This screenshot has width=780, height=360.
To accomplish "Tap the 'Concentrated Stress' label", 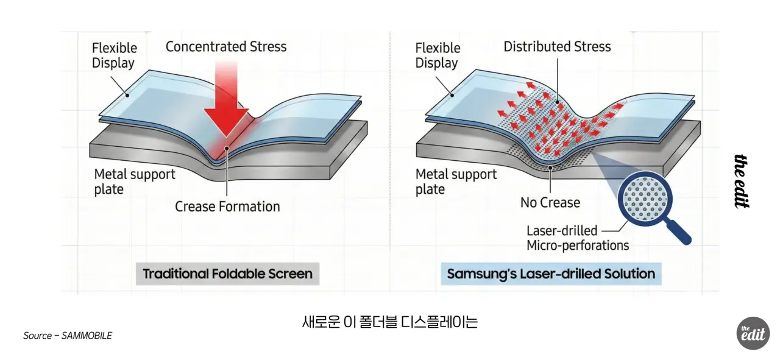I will (225, 47).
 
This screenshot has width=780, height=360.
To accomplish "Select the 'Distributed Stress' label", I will (556, 47).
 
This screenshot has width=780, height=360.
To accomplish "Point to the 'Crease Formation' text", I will (227, 206).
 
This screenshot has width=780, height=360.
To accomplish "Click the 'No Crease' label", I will (550, 202).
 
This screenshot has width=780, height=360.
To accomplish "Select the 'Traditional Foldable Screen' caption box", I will (227, 274).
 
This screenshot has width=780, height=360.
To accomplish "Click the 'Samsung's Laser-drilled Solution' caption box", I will (551, 274).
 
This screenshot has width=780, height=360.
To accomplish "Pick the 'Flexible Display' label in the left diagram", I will (114, 55).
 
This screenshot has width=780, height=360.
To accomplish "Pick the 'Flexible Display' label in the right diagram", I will (438, 55).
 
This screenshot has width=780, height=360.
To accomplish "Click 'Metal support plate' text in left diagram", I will (134, 182).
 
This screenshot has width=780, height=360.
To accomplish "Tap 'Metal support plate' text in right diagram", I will (456, 182).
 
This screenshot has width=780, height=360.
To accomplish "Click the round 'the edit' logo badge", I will (753, 334).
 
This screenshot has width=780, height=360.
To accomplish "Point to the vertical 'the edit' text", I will (741, 182).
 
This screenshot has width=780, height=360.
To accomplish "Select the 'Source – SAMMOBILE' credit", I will (68, 336).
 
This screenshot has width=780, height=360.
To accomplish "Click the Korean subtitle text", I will (390, 322).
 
